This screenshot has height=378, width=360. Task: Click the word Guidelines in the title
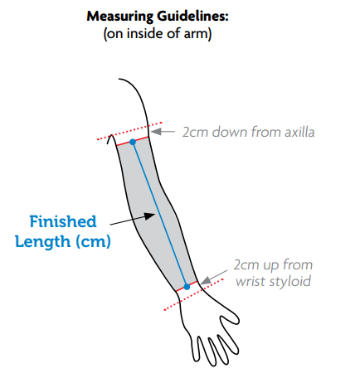click(x=192, y=16)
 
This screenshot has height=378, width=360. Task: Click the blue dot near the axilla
click(x=133, y=142)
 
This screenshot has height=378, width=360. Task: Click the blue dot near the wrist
click(x=187, y=287)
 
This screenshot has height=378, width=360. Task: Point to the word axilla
click(x=299, y=132)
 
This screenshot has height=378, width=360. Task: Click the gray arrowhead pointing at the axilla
click(x=156, y=132)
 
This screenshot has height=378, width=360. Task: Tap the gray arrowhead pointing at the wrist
click(x=206, y=281)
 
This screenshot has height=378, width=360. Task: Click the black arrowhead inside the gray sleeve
click(x=150, y=216)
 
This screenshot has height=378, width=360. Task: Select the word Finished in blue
click(x=63, y=221)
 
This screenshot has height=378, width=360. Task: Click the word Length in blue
click(x=43, y=241)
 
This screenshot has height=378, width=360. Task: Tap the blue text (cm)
click(x=93, y=242)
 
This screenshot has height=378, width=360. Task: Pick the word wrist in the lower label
click(x=251, y=282)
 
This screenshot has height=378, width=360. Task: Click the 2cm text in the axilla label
click(x=195, y=132)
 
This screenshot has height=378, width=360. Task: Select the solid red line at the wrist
click(x=187, y=286)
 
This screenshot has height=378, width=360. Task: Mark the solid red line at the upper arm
click(x=133, y=141)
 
